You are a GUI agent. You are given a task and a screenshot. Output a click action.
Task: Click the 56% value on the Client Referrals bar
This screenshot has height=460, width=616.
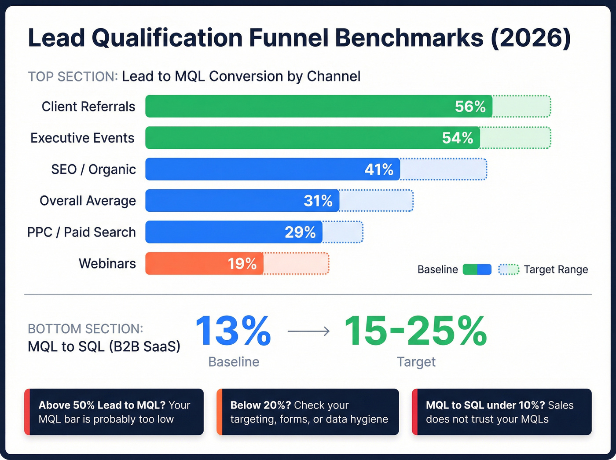[470, 107]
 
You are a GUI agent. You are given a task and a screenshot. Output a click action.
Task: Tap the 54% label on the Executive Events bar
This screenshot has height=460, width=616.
[457, 138]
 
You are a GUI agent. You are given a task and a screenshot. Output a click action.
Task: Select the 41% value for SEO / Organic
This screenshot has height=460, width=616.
[379, 169]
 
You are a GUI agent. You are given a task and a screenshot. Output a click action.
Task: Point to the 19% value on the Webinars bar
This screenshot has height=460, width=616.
[242, 264]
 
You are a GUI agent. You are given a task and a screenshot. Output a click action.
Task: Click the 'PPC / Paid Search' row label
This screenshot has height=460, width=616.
[81, 232]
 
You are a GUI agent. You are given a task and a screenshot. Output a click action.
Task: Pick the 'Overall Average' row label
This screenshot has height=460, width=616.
[88, 201]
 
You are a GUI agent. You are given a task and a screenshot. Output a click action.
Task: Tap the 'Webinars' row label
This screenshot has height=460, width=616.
[107, 264]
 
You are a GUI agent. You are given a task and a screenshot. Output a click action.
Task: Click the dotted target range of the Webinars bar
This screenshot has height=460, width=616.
[296, 264]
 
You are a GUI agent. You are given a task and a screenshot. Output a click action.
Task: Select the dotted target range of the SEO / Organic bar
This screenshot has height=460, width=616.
[443, 169]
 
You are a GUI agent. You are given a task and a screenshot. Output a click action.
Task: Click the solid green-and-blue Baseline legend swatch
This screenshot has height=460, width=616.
[477, 269]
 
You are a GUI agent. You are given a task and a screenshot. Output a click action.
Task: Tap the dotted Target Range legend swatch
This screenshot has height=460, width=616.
[509, 269]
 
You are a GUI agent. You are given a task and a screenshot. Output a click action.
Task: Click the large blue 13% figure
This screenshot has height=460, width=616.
[233, 331]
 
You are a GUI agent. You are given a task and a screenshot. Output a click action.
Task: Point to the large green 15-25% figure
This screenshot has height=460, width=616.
[415, 331]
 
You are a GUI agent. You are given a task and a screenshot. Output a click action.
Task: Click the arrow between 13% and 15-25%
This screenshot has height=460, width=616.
[308, 331]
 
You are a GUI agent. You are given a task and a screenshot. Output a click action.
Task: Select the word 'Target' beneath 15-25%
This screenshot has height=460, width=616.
[416, 362]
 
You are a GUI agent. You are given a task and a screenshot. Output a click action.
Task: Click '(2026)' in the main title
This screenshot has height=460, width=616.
[531, 38]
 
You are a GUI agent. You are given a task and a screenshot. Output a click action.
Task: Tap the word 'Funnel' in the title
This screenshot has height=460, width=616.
[289, 38]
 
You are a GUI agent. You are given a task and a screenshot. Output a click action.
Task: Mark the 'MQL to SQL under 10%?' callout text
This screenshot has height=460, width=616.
[485, 405]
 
